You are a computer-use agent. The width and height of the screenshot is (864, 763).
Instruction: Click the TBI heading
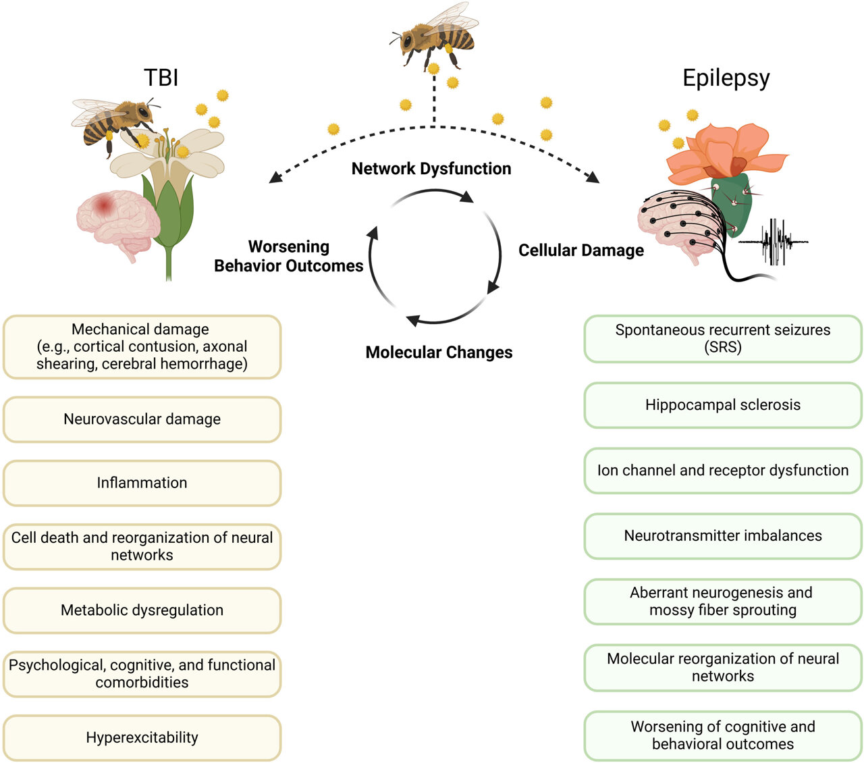(161, 78)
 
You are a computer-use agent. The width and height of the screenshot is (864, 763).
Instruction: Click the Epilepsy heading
(726, 78)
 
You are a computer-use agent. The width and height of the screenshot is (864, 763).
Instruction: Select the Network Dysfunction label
(431, 169)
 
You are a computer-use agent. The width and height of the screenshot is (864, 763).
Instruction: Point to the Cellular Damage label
(580, 251)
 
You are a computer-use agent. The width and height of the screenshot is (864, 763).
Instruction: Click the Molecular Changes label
(439, 352)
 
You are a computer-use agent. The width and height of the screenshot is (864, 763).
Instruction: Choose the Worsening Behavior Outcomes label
(289, 257)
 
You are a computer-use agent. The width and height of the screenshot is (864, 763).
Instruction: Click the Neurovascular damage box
(142, 419)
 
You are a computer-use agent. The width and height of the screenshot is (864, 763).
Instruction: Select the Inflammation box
(142, 483)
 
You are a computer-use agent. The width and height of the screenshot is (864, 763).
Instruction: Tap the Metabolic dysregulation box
(142, 610)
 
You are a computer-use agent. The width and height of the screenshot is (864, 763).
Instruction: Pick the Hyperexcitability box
(142, 737)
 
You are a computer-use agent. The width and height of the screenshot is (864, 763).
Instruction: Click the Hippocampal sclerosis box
(722, 405)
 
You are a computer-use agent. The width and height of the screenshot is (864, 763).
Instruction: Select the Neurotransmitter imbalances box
(722, 536)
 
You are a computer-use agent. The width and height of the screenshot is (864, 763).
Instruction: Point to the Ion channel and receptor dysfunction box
(722, 471)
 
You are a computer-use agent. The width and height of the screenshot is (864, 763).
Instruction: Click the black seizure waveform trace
(773, 241)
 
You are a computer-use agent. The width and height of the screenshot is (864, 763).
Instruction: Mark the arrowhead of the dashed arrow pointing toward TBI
(274, 178)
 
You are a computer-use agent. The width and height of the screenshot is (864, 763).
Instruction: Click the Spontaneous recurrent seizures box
(722, 339)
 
